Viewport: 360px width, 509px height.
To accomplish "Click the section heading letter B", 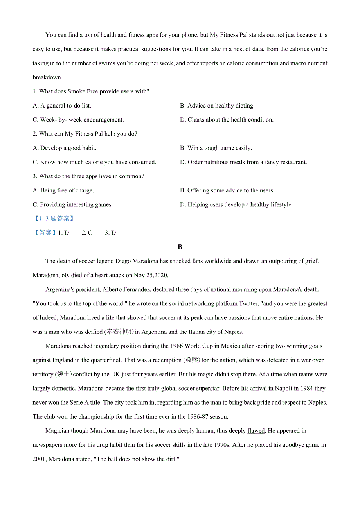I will pyautogui.click(x=180, y=247).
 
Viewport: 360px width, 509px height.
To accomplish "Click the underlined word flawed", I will pyautogui.click(x=256, y=431).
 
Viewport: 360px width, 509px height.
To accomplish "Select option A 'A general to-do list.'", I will pyautogui.click(x=62, y=106).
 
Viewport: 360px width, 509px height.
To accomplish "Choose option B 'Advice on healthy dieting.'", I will pyautogui.click(x=217, y=106).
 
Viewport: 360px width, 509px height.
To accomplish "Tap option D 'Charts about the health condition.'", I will pyautogui.click(x=227, y=120).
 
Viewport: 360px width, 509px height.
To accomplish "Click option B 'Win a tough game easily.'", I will pyautogui.click(x=216, y=148).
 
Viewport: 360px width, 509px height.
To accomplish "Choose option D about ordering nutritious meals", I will pyautogui.click(x=243, y=162).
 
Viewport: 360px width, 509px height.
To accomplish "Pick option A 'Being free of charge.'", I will pyautogui.click(x=63, y=190).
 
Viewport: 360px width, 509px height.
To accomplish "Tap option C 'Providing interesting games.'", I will pyautogui.click(x=73, y=204).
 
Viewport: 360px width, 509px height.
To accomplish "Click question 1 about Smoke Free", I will pyautogui.click(x=91, y=91).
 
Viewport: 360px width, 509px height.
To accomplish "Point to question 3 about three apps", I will pyautogui.click(x=88, y=176).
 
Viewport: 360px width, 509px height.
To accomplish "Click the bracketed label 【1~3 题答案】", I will pyautogui.click(x=54, y=219).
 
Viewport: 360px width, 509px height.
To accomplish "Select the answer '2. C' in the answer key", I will pyautogui.click(x=87, y=233).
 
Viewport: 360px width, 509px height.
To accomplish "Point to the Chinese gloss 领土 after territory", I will pyautogui.click(x=63, y=374).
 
